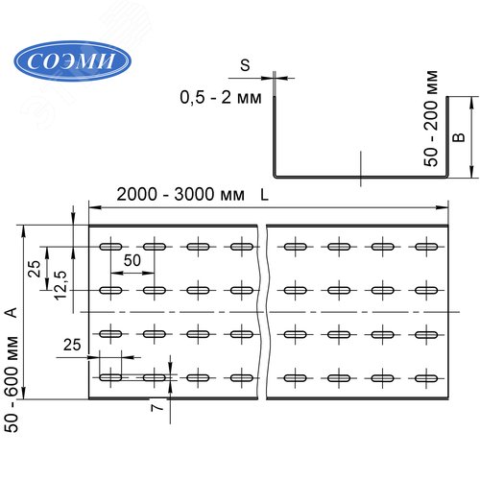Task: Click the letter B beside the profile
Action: [x=459, y=137]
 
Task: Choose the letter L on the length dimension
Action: [x=263, y=194]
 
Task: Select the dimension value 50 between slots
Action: [x=132, y=261]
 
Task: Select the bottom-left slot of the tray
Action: [x=111, y=376]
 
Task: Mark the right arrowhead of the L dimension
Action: [x=445, y=205]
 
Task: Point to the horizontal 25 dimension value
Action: [x=71, y=344]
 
